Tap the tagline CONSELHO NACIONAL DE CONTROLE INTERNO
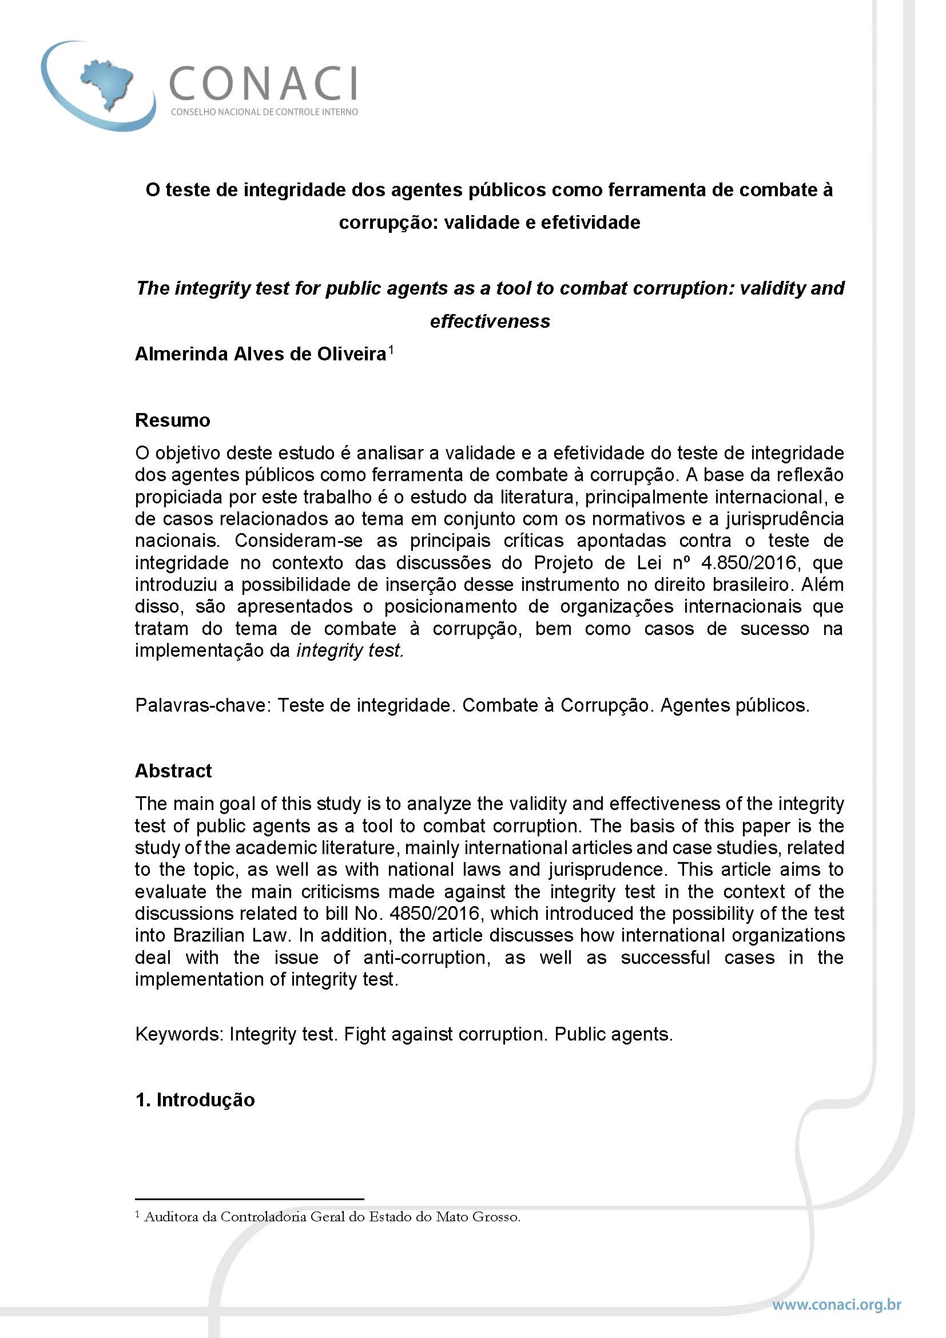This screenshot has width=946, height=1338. click(264, 112)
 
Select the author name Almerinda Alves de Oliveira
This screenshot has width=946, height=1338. click(260, 354)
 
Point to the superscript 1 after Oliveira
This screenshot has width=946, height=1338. click(391, 350)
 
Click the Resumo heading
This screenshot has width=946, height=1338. click(172, 420)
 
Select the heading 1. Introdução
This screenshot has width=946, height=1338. click(194, 1099)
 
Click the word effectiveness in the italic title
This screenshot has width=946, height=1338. click(490, 321)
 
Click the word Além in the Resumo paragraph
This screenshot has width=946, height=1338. click(824, 585)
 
